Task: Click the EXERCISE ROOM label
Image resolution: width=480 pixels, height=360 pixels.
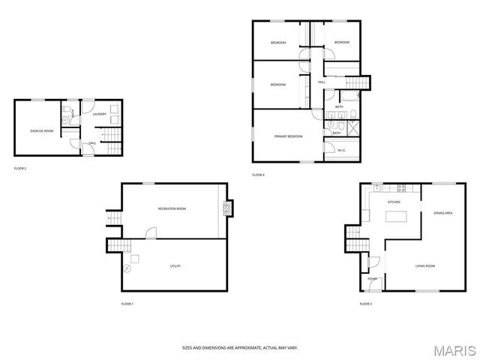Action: click(42, 131)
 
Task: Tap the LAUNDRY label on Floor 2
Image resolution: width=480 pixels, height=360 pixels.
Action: click(99, 115)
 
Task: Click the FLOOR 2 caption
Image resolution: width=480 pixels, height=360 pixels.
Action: click(20, 168)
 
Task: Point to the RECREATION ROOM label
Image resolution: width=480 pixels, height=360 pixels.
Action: click(172, 208)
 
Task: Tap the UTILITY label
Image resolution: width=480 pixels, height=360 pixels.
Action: click(175, 266)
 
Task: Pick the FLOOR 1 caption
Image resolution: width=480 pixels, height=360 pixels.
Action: click(127, 304)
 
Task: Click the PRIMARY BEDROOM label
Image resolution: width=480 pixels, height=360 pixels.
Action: click(288, 136)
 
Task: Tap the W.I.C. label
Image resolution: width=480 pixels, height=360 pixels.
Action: click(341, 150)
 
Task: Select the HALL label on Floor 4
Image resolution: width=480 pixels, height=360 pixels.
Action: click(321, 82)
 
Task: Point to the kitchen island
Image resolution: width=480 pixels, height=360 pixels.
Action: click(395, 217)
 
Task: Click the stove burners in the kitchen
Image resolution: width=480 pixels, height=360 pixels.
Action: click(401, 187)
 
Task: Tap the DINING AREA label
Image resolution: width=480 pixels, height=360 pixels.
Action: click(442, 213)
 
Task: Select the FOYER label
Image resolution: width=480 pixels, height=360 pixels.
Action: click(372, 278)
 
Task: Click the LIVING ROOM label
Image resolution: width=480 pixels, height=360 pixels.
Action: click(425, 265)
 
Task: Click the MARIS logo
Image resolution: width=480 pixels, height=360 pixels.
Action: click(456, 349)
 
